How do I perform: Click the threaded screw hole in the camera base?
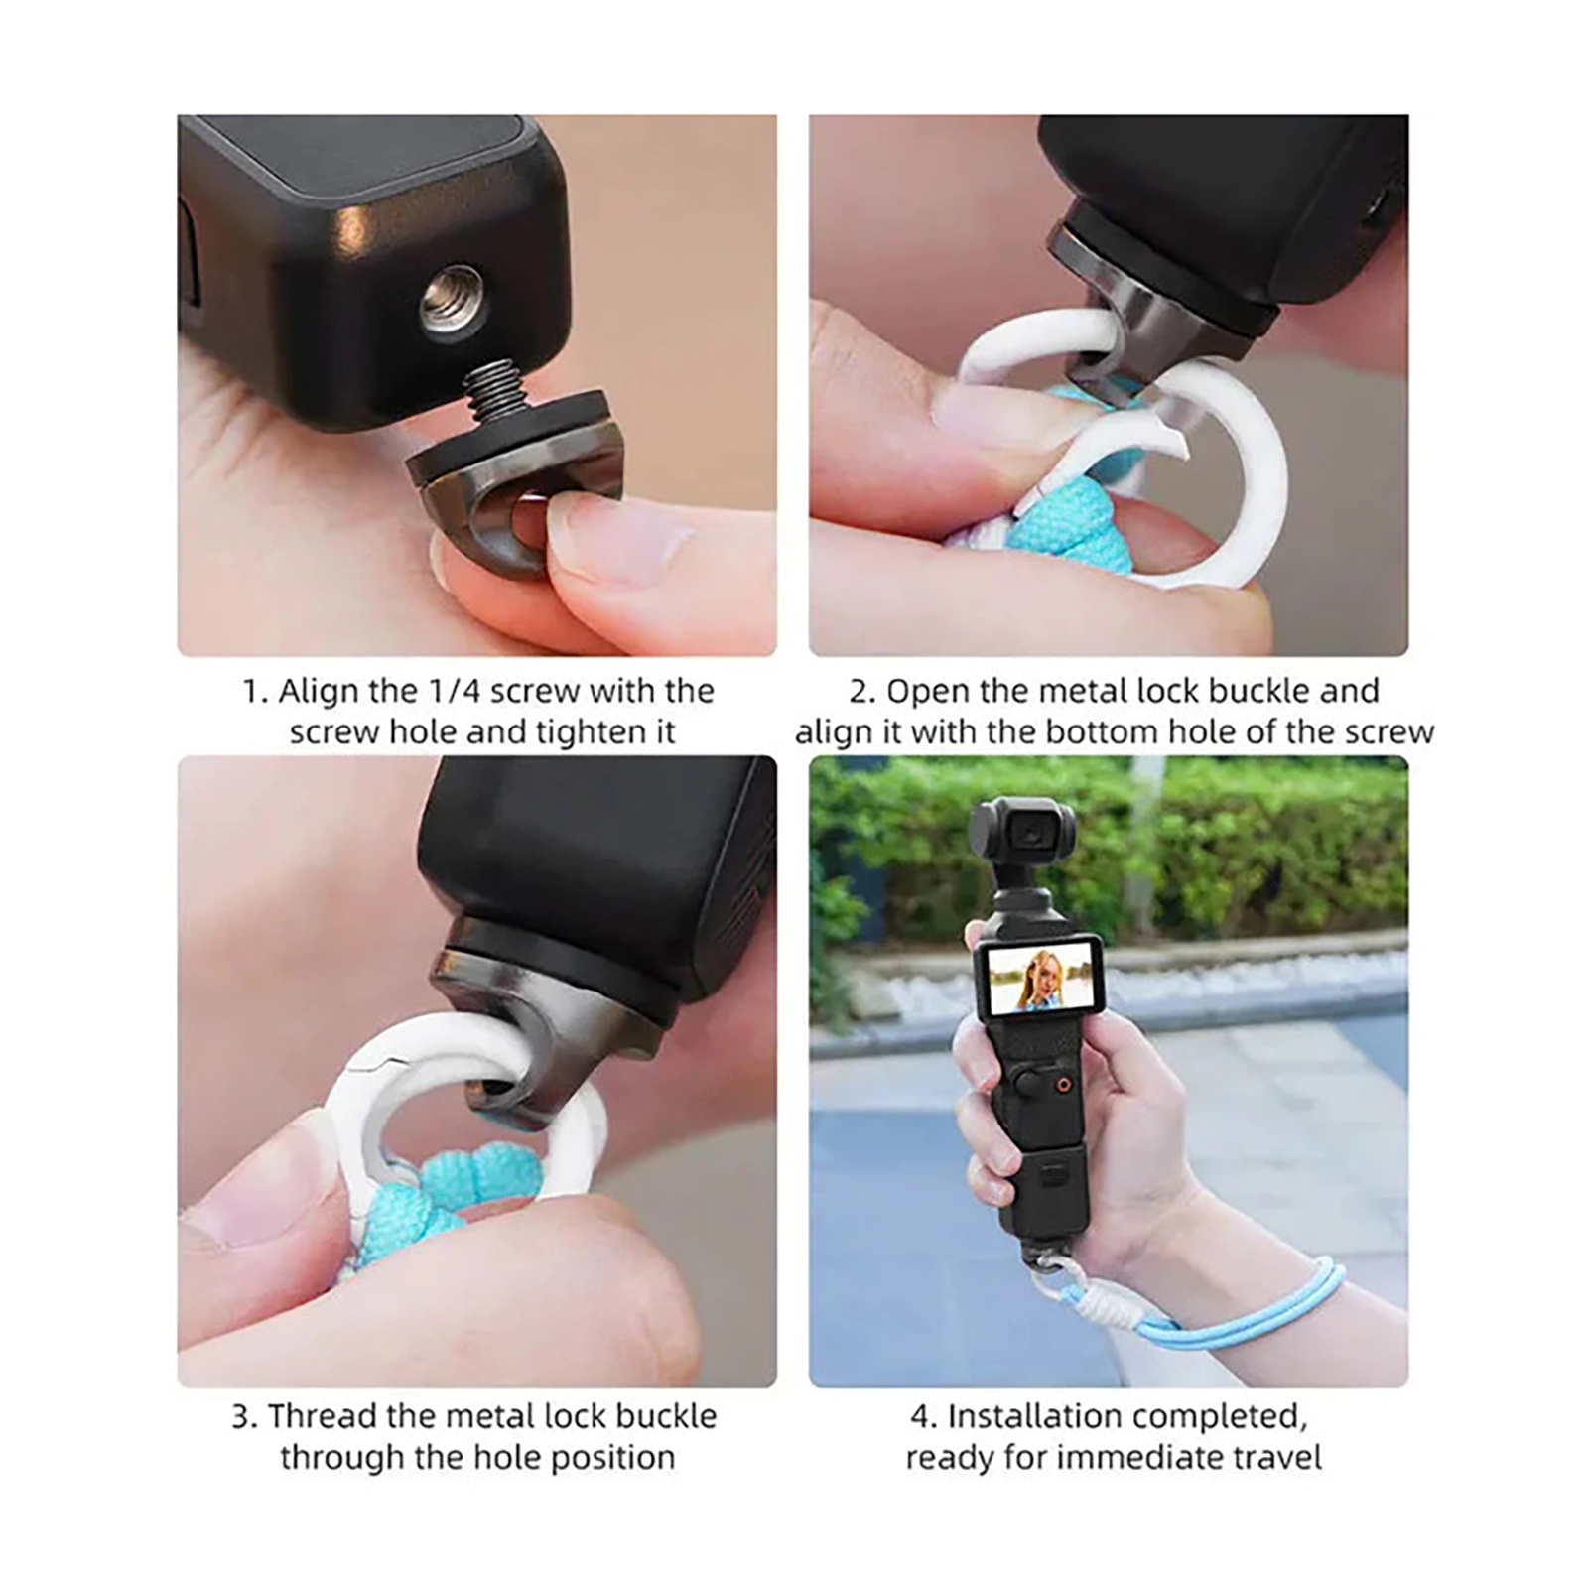coord(455,301)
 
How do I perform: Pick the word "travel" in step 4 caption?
coord(1276,1458)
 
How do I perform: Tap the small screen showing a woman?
coord(1036,977)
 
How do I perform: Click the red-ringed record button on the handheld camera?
coord(1063,1085)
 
